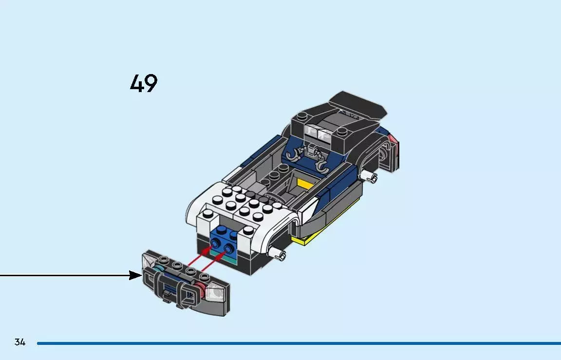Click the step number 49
point(144,84)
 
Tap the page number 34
point(19,342)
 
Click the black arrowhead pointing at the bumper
point(135,276)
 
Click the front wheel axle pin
point(280,253)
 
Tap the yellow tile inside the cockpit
point(304,183)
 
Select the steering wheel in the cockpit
point(276,198)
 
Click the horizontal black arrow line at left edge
point(63,276)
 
